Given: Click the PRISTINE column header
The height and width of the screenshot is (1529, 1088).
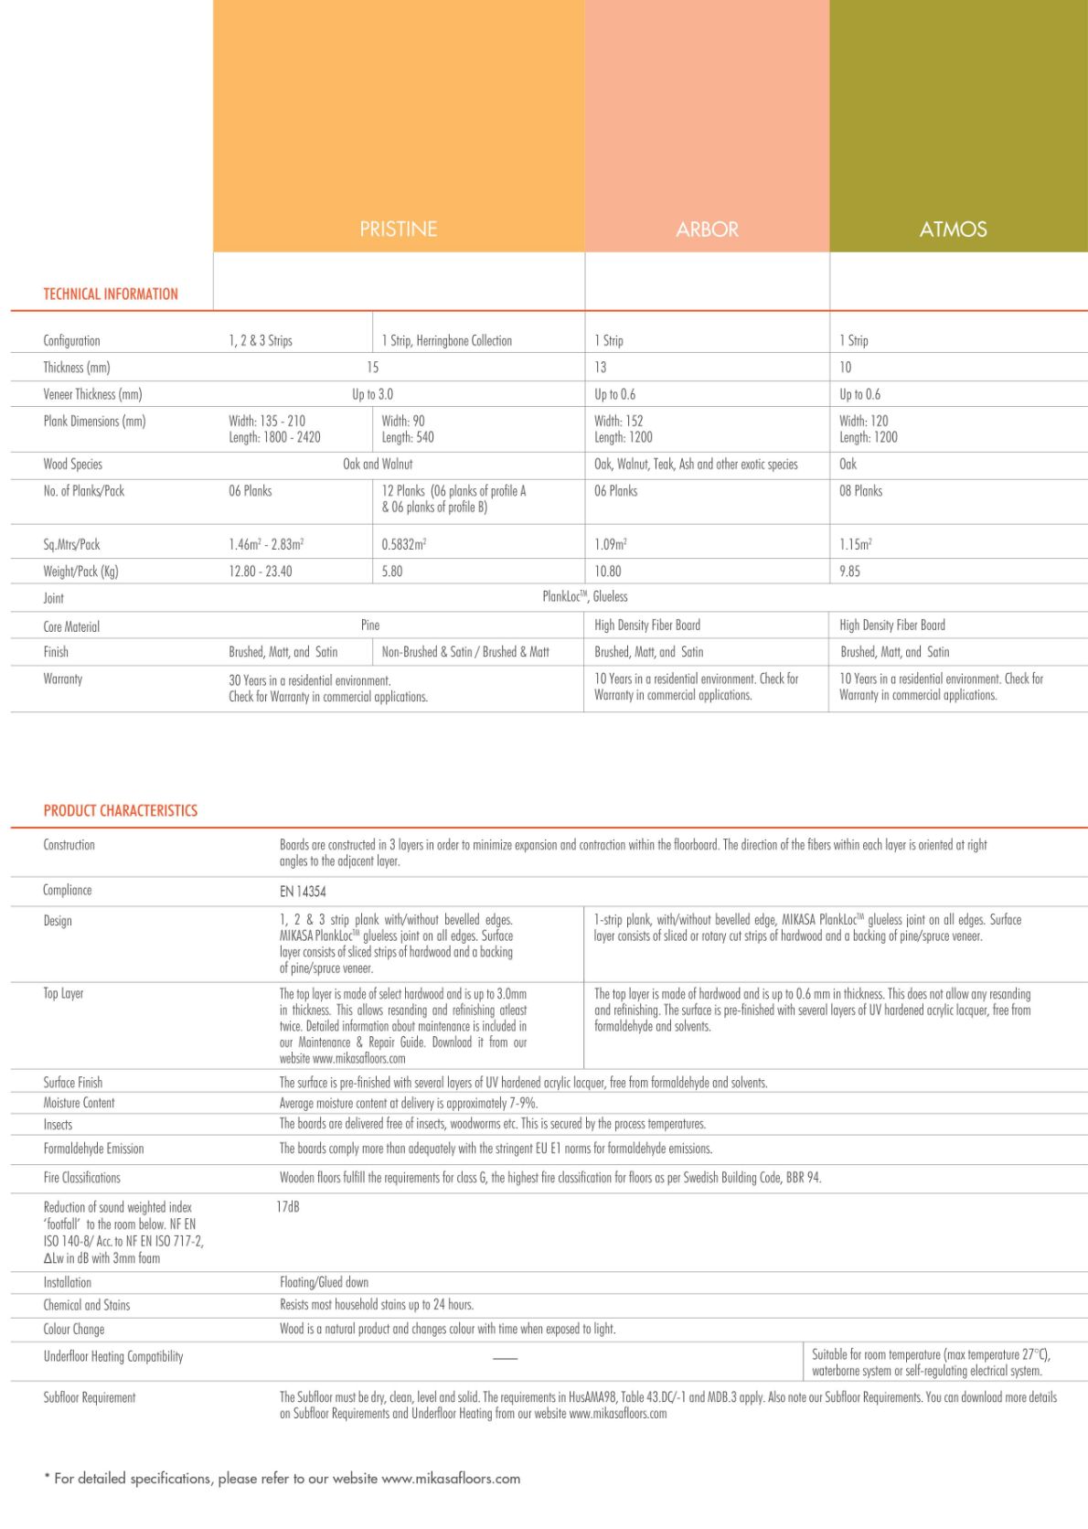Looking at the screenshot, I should pos(398,229).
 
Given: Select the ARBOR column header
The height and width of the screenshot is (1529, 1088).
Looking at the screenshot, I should pos(707,230).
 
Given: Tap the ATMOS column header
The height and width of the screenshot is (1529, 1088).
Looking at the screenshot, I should pos(953,230).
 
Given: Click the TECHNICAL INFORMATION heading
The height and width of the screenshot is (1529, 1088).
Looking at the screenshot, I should pos(111,294).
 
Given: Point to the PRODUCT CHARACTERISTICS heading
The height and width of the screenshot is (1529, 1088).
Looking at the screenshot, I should pos(121,811).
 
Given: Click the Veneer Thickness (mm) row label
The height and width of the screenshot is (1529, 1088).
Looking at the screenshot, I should pos(92,394).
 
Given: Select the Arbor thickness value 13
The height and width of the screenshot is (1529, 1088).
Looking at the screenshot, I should pos(601,368).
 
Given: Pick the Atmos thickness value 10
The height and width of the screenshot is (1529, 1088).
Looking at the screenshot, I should pos(846,368).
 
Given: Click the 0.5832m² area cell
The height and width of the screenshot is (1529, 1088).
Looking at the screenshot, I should pos(404,544).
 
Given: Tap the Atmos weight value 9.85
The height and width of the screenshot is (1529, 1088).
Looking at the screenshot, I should pos(850,572).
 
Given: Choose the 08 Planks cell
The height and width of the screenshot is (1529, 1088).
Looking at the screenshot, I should pos(861,491).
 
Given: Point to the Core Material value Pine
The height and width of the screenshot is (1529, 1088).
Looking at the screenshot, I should pos(370,625).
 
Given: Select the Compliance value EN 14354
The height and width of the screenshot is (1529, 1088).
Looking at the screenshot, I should pos(303,892).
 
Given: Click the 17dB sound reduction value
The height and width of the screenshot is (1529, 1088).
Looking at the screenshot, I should pos(288,1207).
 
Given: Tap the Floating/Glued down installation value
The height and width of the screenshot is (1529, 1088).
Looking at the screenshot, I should pos(324,1282).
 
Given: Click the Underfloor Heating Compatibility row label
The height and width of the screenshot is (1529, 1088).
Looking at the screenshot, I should pos(113,1356).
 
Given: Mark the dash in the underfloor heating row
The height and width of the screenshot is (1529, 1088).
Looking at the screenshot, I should pos(506,1358).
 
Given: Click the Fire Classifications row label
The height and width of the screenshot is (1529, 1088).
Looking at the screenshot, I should pos(82,1178).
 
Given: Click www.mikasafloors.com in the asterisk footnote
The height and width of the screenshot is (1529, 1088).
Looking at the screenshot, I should pos(451,1479).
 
